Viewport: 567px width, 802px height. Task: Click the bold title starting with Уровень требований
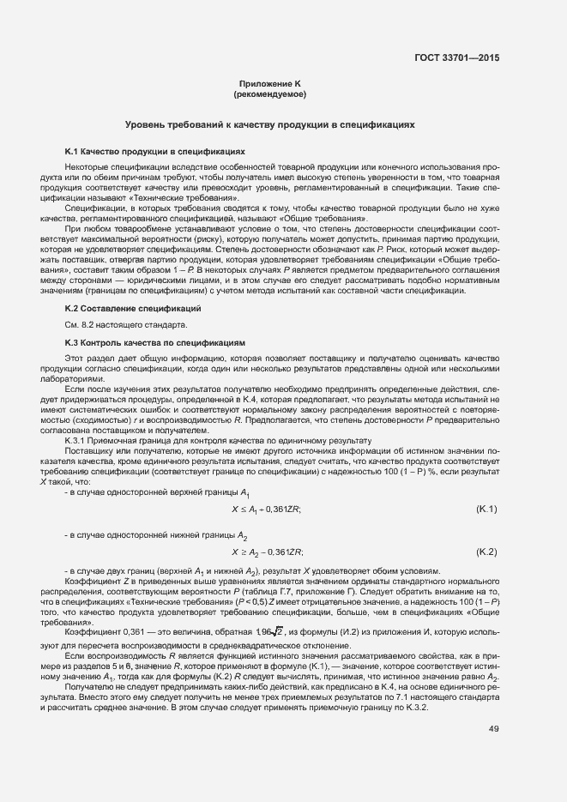[x=269, y=124]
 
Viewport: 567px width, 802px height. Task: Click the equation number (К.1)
[x=486, y=510]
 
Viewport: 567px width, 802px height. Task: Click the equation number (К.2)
[x=486, y=551]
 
